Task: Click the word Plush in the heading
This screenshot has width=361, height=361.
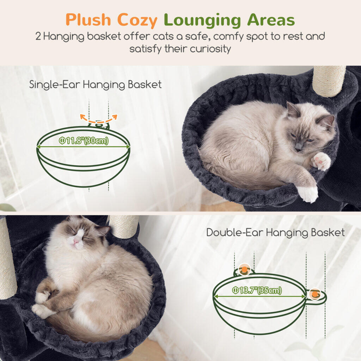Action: [x=88, y=20]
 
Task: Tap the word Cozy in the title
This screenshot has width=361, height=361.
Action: [x=137, y=21]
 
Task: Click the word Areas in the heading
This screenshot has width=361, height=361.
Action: [x=271, y=20]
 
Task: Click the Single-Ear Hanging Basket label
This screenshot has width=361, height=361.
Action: [x=95, y=85]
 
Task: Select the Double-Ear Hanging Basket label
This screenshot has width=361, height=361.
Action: [x=275, y=233]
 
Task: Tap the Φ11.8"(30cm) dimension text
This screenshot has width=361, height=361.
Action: [x=83, y=141]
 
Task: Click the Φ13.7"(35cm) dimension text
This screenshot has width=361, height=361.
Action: [x=257, y=290]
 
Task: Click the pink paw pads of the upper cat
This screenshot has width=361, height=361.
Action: [x=320, y=161]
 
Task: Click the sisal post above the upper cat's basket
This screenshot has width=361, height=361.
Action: [x=329, y=81]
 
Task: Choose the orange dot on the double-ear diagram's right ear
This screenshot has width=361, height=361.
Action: [x=315, y=294]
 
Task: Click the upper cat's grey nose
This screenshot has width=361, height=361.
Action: [x=298, y=147]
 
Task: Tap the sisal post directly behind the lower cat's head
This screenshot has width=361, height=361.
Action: [x=124, y=226]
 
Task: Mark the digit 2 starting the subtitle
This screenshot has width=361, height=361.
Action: [x=38, y=37]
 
